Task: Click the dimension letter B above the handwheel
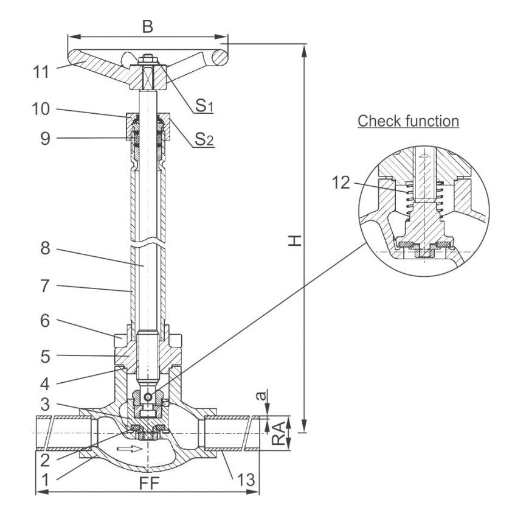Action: click(x=148, y=26)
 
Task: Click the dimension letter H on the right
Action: click(x=295, y=240)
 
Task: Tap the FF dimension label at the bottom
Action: click(x=149, y=483)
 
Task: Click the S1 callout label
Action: click(x=204, y=105)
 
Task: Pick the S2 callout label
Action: click(x=204, y=139)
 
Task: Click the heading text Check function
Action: click(x=408, y=121)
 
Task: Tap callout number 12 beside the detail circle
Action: click(x=341, y=183)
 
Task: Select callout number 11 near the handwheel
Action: click(x=41, y=72)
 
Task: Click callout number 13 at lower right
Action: click(x=246, y=480)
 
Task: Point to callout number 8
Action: click(x=46, y=248)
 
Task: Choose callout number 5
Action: click(x=46, y=356)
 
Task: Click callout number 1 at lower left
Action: click(x=45, y=480)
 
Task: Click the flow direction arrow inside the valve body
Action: click(x=130, y=449)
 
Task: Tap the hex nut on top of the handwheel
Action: click(x=148, y=60)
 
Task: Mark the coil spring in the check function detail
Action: click(x=424, y=198)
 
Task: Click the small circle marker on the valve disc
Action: click(x=148, y=397)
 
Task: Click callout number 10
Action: click(x=41, y=109)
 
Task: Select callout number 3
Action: click(x=45, y=405)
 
